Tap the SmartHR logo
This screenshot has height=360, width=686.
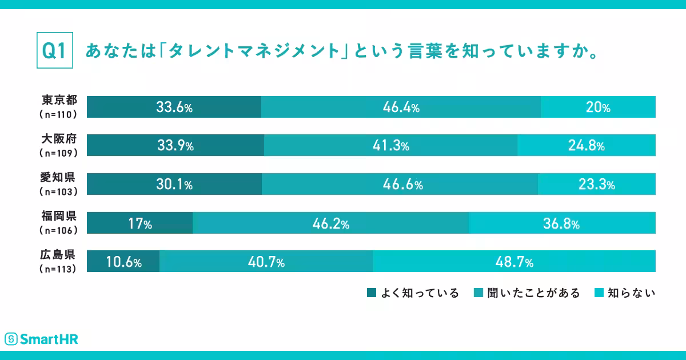(x=41, y=339)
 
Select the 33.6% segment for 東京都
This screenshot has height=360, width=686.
(x=174, y=107)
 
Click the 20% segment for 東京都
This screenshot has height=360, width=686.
(x=598, y=107)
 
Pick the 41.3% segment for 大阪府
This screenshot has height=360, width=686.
(x=390, y=145)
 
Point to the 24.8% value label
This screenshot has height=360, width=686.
(x=586, y=146)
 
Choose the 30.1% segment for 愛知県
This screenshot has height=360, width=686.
(x=174, y=184)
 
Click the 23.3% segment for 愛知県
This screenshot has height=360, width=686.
(x=596, y=184)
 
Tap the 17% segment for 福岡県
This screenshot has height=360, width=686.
(x=139, y=223)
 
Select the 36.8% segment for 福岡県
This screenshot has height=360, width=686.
(x=561, y=223)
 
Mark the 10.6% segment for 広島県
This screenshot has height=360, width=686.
(x=123, y=262)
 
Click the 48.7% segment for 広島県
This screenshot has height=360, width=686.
(x=513, y=262)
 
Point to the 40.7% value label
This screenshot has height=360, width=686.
(x=266, y=262)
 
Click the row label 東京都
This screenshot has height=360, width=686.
(x=59, y=101)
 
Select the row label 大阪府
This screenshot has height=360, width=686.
(x=59, y=140)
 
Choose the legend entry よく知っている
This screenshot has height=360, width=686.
(x=413, y=293)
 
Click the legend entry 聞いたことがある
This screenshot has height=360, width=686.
(x=527, y=293)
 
